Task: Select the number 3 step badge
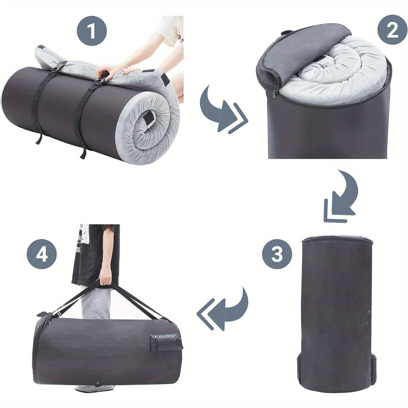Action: click(x=277, y=254)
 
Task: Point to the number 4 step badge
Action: click(x=42, y=255)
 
